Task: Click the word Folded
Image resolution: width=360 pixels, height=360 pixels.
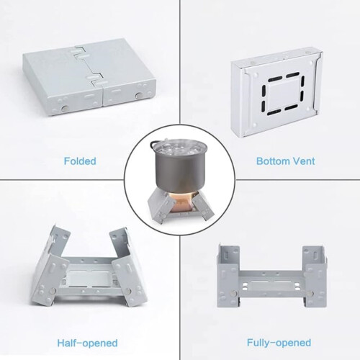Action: pyautogui.click(x=80, y=161)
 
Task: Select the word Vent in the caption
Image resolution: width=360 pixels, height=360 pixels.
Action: pyautogui.click(x=304, y=161)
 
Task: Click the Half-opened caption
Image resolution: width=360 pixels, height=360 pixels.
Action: pyautogui.click(x=87, y=343)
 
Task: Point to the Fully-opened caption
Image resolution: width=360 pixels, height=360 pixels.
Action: pyautogui.click(x=279, y=343)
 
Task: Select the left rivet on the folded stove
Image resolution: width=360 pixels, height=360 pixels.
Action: pyautogui.click(x=65, y=108)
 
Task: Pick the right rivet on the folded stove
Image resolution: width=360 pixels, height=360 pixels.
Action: pyautogui.click(x=138, y=96)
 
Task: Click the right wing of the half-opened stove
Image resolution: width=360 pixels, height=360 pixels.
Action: pyautogui.click(x=127, y=268)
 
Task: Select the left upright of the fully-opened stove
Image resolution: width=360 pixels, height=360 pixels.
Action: pyautogui.click(x=228, y=276)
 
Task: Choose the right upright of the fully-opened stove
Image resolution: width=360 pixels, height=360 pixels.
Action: pyautogui.click(x=315, y=276)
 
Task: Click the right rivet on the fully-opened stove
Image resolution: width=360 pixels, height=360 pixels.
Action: pyautogui.click(x=311, y=292)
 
